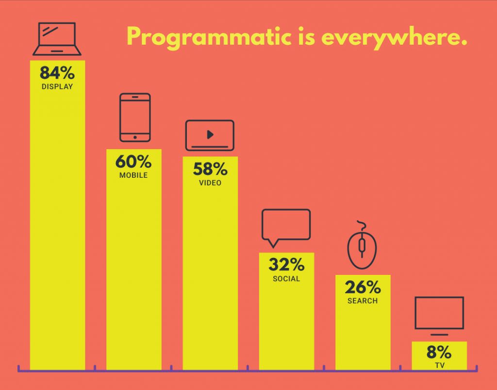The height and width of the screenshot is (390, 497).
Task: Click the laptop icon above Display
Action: pos(57,39)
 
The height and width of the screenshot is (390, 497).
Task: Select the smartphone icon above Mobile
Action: pos(135,118)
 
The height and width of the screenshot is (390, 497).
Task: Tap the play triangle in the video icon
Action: pos(210,135)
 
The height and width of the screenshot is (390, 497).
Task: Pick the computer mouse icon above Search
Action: pos(362,245)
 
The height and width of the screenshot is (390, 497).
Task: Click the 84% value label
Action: pos(57,73)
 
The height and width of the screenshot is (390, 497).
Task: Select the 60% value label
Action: pos(133,161)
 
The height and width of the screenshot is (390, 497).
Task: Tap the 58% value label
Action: pos(210,169)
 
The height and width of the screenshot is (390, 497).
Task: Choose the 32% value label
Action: pos(286,265)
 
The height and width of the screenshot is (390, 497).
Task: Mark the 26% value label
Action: pos(363,287)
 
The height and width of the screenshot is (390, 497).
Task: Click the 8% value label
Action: pos(439,352)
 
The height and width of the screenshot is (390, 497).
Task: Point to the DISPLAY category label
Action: pos(57,86)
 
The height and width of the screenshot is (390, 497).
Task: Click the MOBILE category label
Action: pos(133,175)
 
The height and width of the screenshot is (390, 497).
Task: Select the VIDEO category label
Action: pos(210,183)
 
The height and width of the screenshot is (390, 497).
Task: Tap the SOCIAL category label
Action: pos(286,279)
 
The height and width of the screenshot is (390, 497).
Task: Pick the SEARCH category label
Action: pos(363,301)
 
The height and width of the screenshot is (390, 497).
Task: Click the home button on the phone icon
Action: pos(135,137)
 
